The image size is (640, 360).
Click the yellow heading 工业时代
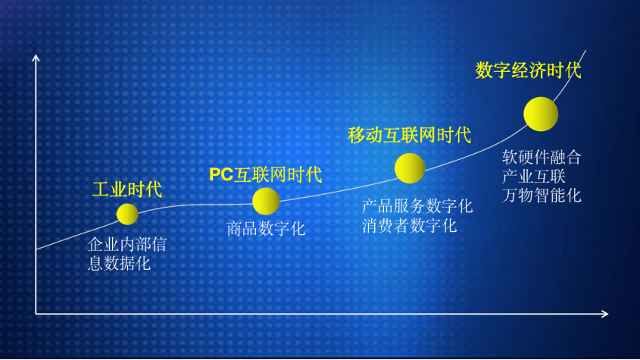pyautogui.click(x=127, y=189)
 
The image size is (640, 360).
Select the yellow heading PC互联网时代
pyautogui.click(x=265, y=175)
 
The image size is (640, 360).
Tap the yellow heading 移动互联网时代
pyautogui.click(x=409, y=136)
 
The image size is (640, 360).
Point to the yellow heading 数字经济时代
pyautogui.click(x=528, y=70)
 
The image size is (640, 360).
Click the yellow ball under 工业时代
pyautogui.click(x=127, y=214)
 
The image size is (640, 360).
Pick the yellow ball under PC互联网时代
pyautogui.click(x=266, y=201)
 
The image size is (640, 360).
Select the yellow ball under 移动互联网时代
pyautogui.click(x=410, y=168)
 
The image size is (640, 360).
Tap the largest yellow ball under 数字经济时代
pyautogui.click(x=541, y=114)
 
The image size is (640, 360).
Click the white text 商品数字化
pyautogui.click(x=266, y=228)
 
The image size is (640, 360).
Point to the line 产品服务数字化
pyautogui.click(x=417, y=206)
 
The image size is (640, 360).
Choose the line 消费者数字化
pyautogui.click(x=410, y=225)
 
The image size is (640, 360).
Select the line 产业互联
pyautogui.click(x=533, y=176)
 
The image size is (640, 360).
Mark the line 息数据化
pyautogui.click(x=119, y=264)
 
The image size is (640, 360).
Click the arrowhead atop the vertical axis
pyautogui.click(x=36, y=58)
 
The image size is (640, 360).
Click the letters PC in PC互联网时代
pyautogui.click(x=221, y=175)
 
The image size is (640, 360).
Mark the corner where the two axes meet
pyautogui.click(x=36, y=313)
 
